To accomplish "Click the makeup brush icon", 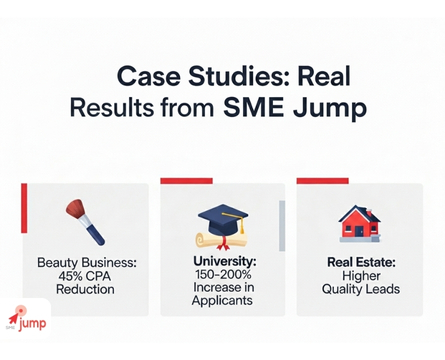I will point(85,220).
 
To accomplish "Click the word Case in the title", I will point(144,77).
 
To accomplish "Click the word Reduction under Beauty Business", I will point(85,289).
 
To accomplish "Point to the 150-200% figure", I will point(221,275).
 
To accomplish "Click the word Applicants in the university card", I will point(222,302).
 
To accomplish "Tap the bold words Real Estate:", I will point(360,262).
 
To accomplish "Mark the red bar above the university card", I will point(187,181).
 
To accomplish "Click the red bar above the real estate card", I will point(322,181).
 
